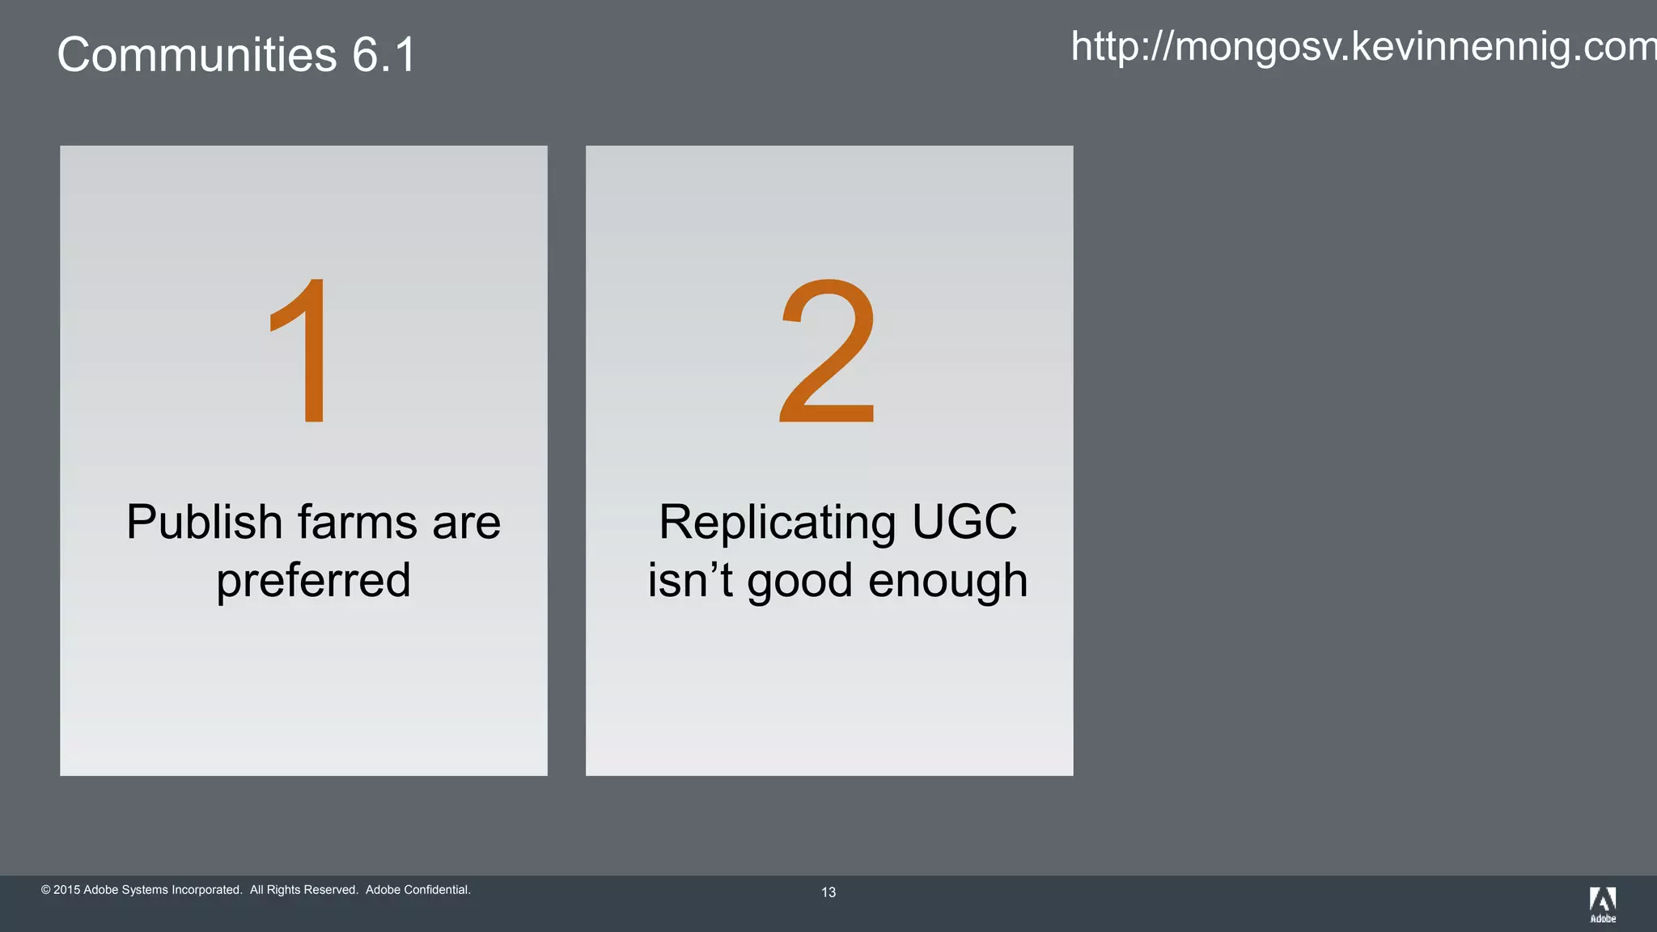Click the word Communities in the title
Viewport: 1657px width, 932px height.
click(197, 55)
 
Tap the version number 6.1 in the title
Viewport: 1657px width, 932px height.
click(384, 55)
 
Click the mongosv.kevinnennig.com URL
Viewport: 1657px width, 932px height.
click(1363, 46)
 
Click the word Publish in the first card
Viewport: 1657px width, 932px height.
click(204, 523)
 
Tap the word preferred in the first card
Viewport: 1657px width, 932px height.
click(313, 581)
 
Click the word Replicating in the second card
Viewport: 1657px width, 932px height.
click(778, 523)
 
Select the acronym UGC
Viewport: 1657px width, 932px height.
click(964, 522)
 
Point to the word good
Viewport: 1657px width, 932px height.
click(800, 582)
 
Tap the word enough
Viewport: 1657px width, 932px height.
click(947, 581)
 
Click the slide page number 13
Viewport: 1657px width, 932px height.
click(828, 892)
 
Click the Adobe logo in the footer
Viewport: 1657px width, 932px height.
click(1603, 904)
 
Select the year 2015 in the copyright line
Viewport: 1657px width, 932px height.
click(66, 890)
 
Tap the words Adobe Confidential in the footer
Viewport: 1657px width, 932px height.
click(417, 890)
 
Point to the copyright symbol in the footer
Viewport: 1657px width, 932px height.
click(46, 890)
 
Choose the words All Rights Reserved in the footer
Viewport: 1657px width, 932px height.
click(303, 890)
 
